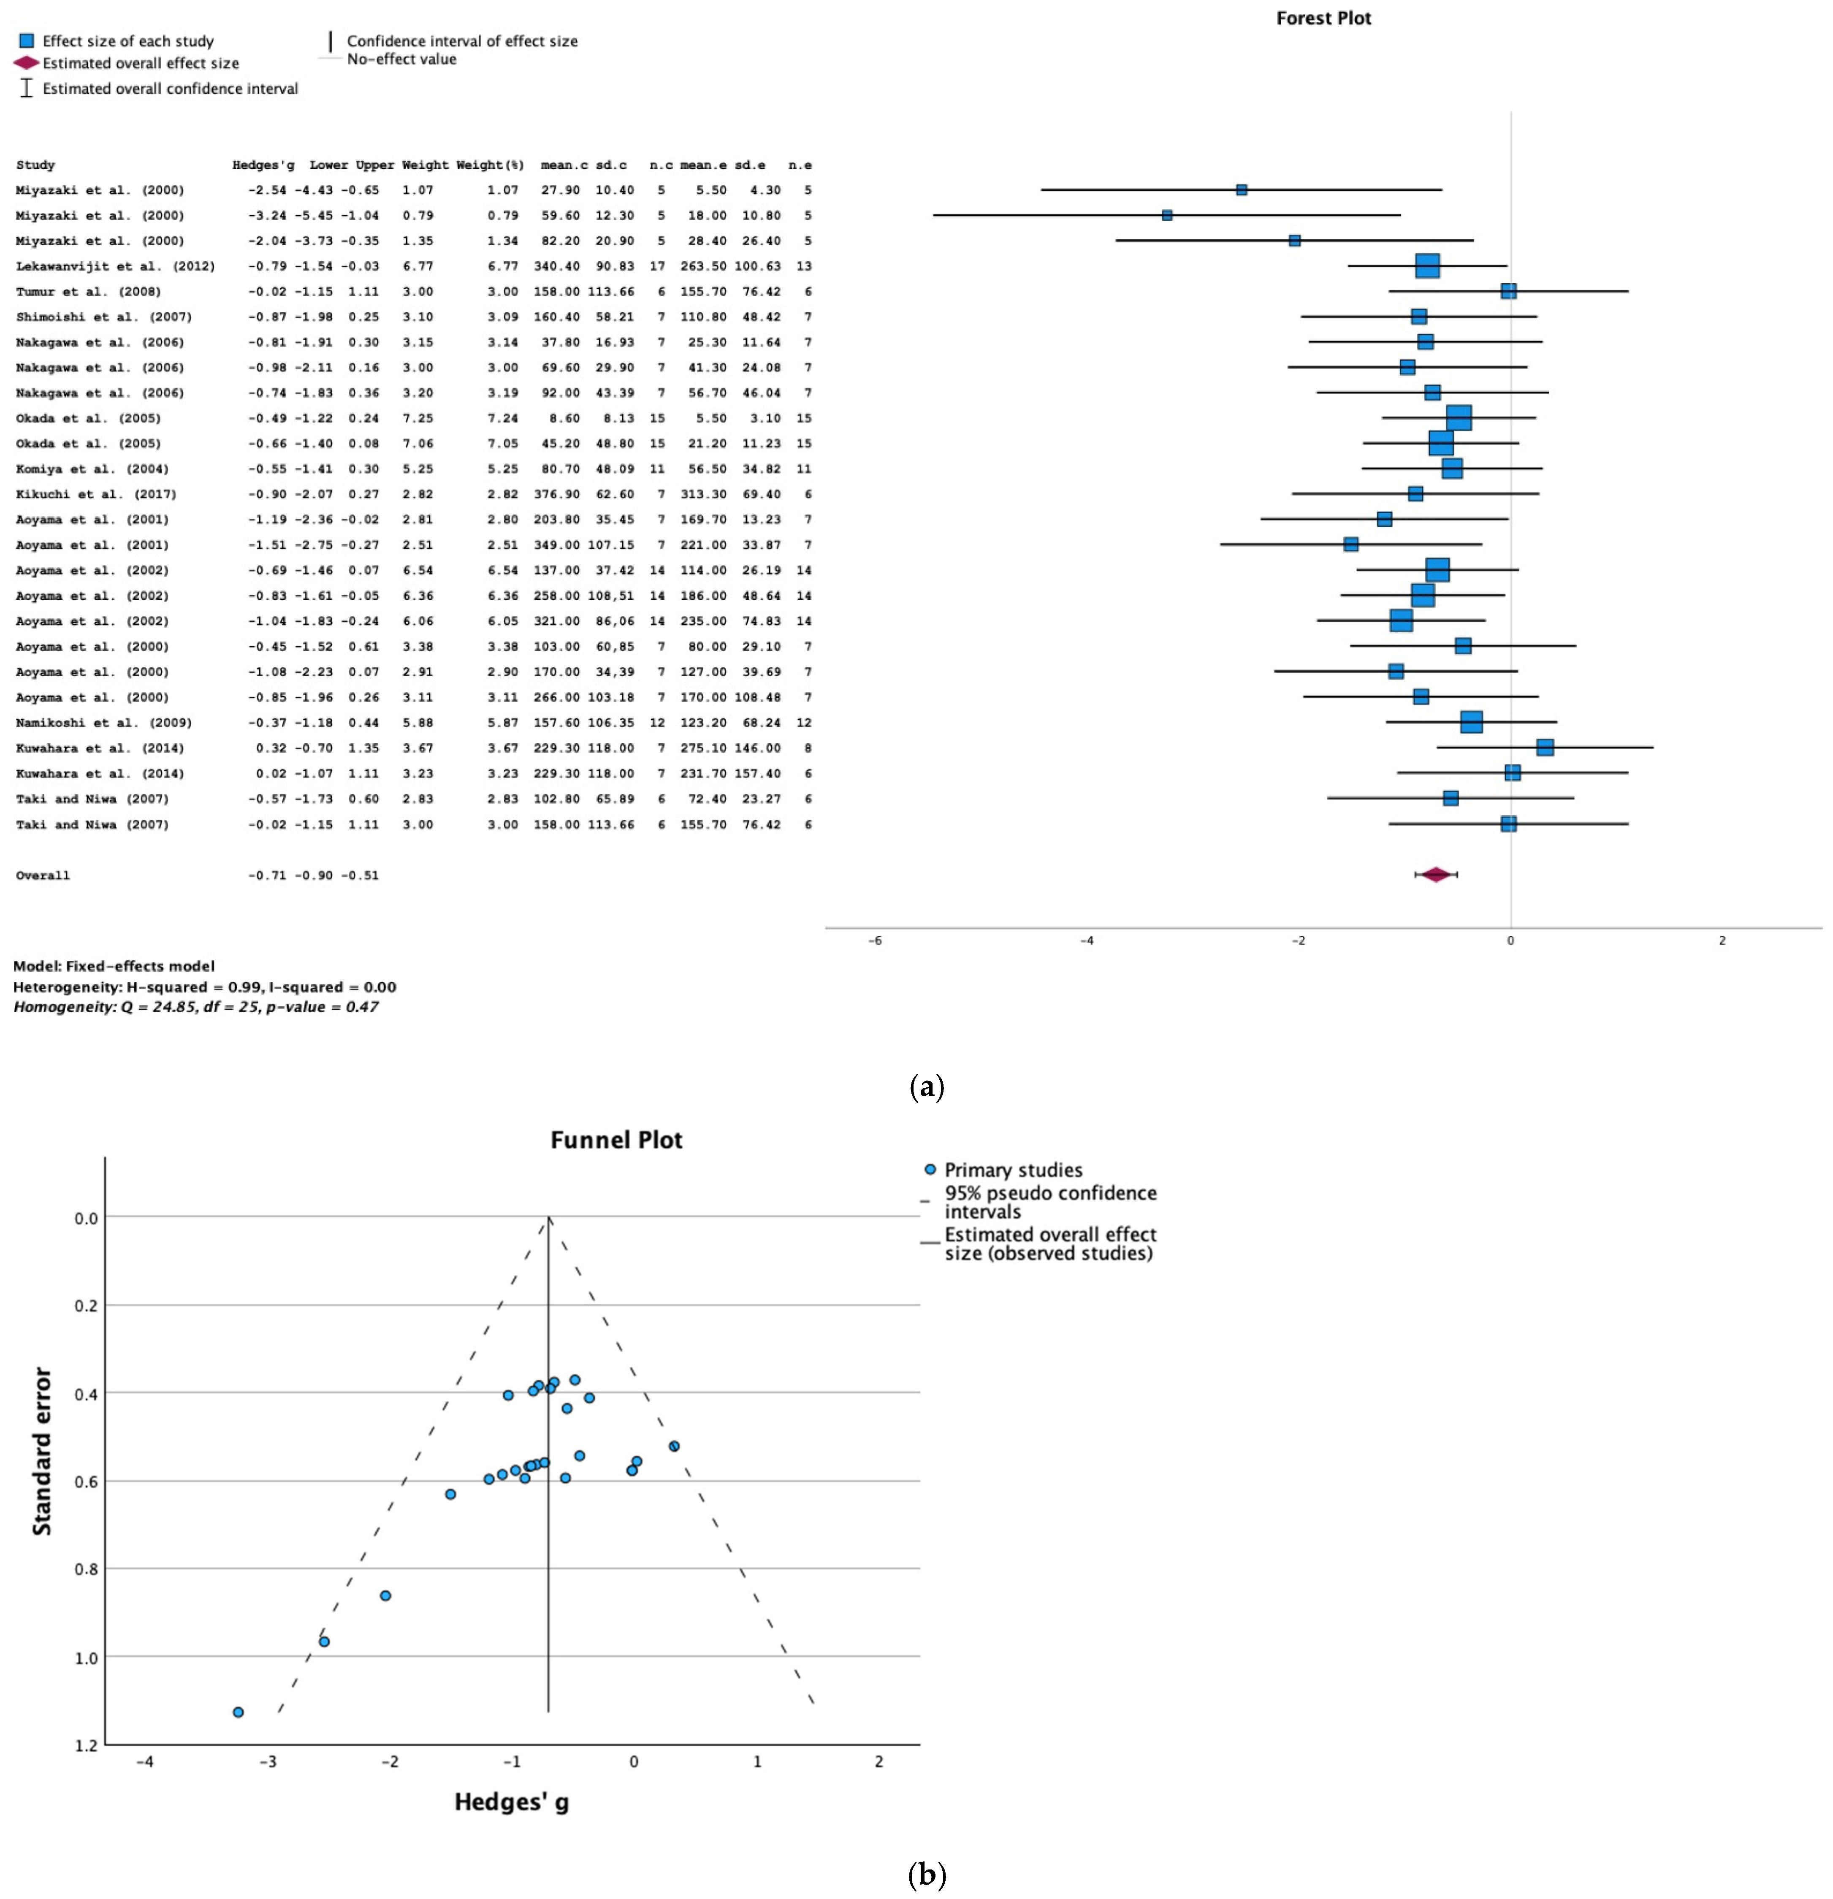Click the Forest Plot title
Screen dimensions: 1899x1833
(x=1323, y=19)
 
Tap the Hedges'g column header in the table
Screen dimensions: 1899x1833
(x=263, y=165)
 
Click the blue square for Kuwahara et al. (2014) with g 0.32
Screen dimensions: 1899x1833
(x=1544, y=747)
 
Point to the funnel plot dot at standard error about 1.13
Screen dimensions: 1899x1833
(x=239, y=1712)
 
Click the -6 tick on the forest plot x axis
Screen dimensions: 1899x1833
(x=875, y=941)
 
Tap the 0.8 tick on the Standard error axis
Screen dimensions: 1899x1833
(x=86, y=1569)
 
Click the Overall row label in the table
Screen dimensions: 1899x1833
(x=43, y=876)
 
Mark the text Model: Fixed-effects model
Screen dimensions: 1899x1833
(x=114, y=966)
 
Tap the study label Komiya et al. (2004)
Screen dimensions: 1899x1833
(x=92, y=469)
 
